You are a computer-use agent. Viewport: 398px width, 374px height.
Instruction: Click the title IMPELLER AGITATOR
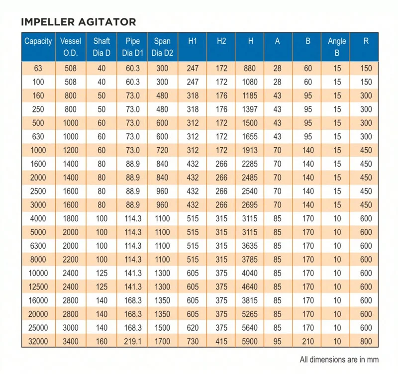click(79, 22)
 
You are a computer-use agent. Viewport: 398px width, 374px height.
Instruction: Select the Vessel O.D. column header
click(71, 47)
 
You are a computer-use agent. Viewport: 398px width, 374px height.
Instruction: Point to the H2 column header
click(221, 41)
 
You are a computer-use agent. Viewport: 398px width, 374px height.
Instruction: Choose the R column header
click(366, 41)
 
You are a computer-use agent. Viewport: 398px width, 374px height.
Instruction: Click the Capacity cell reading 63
click(38, 68)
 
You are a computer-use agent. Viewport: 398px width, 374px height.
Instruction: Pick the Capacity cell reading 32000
click(38, 342)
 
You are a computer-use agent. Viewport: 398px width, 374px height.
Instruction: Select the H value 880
click(250, 68)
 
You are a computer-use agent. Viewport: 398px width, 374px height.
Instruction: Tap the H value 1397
click(250, 109)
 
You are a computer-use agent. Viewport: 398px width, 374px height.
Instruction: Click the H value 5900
click(250, 342)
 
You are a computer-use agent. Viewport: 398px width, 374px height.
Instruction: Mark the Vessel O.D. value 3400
click(71, 342)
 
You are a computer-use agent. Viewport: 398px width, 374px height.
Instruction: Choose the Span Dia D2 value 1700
click(162, 342)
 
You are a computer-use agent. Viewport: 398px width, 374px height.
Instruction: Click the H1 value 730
click(193, 342)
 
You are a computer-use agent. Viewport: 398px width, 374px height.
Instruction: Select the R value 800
click(366, 342)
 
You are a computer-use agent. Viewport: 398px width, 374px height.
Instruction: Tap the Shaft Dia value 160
click(101, 342)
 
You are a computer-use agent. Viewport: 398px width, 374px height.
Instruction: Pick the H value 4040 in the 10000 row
click(250, 273)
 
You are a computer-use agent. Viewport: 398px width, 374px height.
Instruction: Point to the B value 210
click(308, 342)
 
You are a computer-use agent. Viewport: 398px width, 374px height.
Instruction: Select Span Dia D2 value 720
click(162, 150)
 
